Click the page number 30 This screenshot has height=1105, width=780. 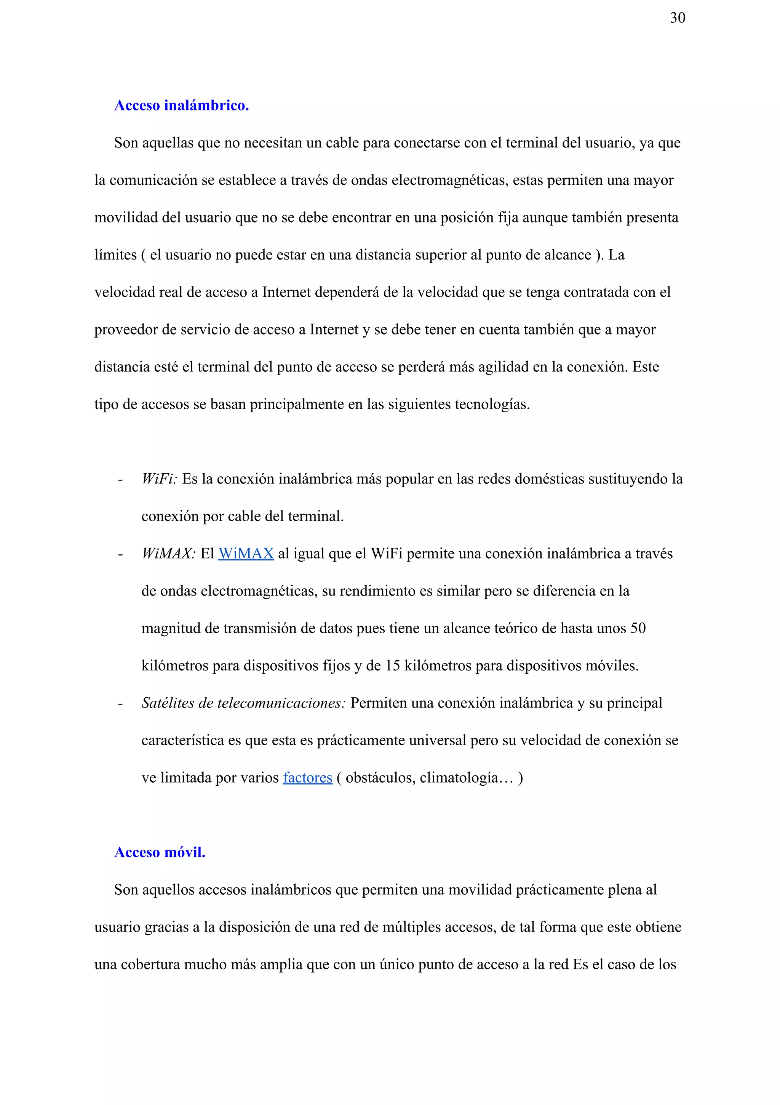click(x=677, y=18)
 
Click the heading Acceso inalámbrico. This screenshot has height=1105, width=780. click(x=181, y=106)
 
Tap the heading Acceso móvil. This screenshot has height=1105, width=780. click(x=160, y=852)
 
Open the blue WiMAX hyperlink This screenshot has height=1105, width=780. click(x=246, y=554)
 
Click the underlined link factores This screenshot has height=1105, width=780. click(x=307, y=778)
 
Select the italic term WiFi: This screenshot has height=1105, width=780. click(x=159, y=479)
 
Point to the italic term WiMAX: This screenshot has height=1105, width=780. click(x=168, y=554)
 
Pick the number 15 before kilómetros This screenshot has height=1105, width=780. click(x=393, y=666)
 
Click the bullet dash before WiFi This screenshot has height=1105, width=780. click(x=120, y=480)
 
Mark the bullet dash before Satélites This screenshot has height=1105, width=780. click(x=120, y=704)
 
